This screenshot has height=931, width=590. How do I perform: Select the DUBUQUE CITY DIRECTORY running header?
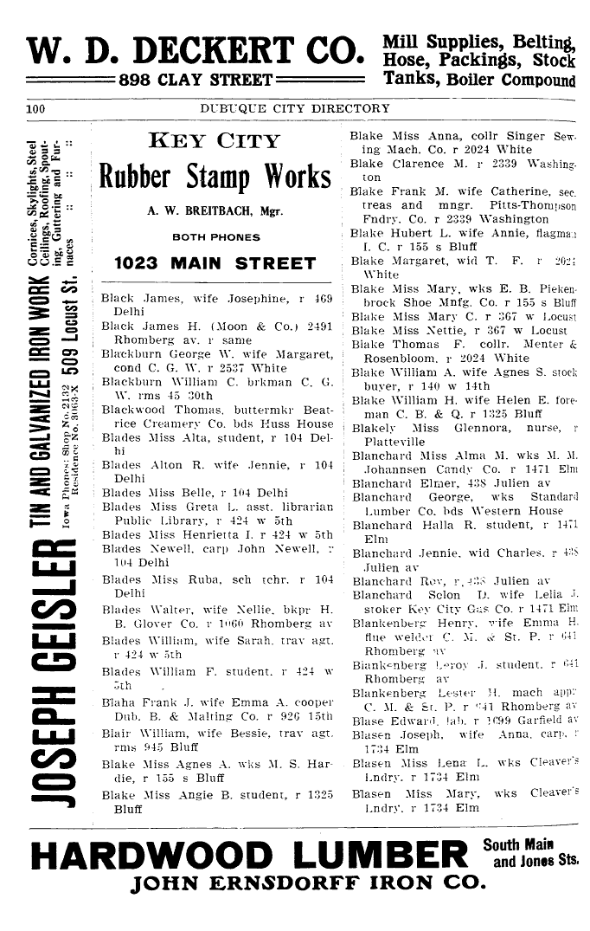point(294,109)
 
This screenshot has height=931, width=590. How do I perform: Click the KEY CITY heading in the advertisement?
point(215,141)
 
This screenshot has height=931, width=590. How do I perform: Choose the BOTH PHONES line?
point(215,236)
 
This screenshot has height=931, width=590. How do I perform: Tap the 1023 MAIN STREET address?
point(215,263)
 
